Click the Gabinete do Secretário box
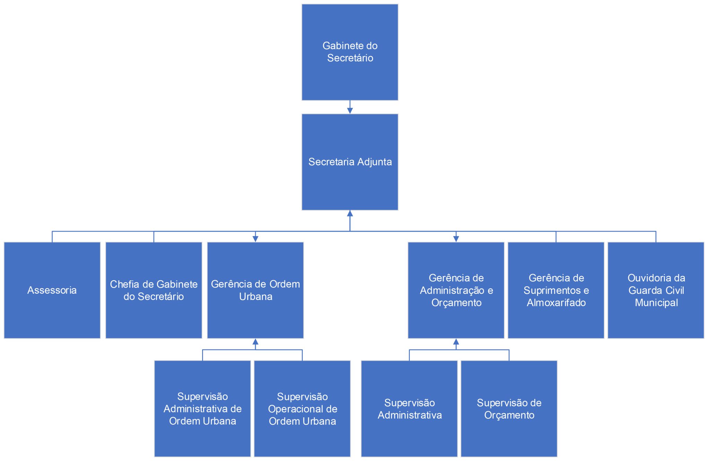[350, 52]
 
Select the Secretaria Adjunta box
[350, 162]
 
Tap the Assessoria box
[52, 290]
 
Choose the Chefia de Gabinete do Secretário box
[154, 290]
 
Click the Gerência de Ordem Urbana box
[256, 290]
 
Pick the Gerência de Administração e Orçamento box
[456, 290]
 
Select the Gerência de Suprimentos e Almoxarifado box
[556, 290]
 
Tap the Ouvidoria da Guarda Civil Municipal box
[656, 290]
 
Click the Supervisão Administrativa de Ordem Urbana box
[202, 409]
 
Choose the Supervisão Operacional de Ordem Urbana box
[302, 409]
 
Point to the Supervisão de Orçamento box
[509, 409]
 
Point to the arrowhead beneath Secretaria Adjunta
[350, 213]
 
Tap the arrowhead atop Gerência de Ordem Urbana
[256, 239]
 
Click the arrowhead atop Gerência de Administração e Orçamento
[456, 239]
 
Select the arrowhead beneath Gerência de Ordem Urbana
[256, 342]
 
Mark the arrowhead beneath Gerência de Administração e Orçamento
[456, 342]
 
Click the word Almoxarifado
[556, 303]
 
